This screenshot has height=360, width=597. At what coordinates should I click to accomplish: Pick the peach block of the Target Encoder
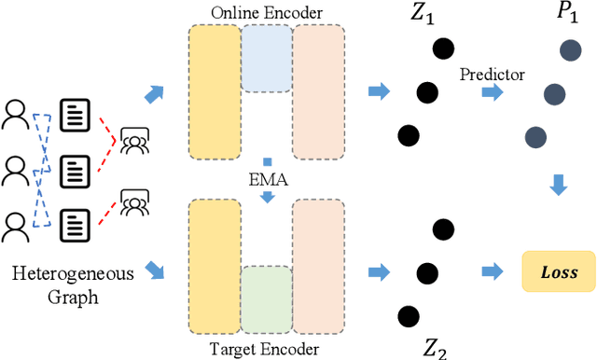pyautogui.click(x=318, y=267)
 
